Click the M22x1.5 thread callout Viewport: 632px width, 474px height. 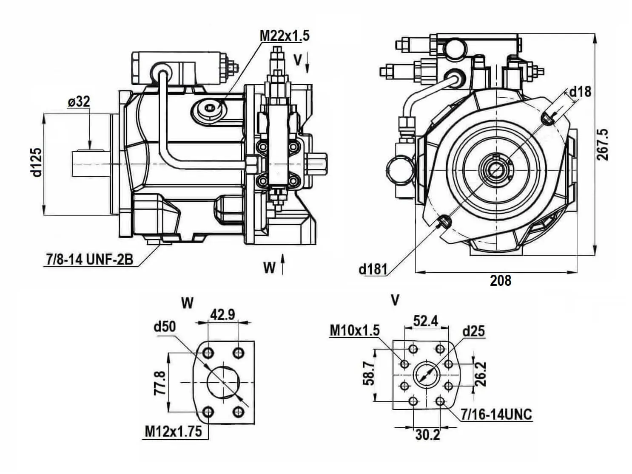(x=285, y=36)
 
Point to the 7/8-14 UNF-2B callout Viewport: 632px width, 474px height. (x=88, y=260)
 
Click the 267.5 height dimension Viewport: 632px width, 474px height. (x=603, y=144)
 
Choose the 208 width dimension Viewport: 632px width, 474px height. (x=500, y=280)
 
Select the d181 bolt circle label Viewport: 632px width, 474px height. (x=373, y=269)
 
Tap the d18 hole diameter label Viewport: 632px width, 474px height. (x=580, y=91)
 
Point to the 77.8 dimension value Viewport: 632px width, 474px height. (x=160, y=382)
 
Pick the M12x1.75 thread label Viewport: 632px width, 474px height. (x=173, y=432)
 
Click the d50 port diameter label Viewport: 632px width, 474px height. (x=165, y=327)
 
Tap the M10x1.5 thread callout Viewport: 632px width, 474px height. (x=355, y=330)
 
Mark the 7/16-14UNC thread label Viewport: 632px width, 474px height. (x=496, y=414)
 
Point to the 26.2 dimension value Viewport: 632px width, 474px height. (x=480, y=374)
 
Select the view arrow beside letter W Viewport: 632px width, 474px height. (x=282, y=264)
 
